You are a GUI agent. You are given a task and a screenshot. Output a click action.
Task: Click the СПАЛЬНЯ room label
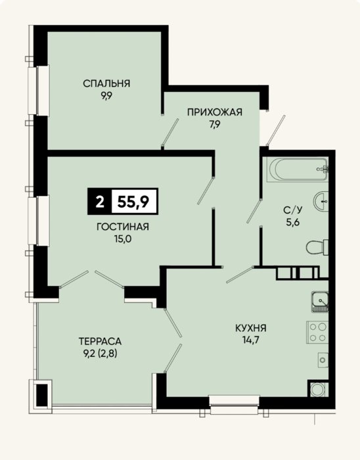point(106,83)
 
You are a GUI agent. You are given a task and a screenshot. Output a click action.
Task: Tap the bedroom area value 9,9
point(106,96)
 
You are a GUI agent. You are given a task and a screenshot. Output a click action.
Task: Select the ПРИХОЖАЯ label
point(215,112)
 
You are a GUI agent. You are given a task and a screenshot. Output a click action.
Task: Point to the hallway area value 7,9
point(215,124)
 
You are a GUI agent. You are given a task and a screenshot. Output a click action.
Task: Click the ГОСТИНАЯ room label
point(123,227)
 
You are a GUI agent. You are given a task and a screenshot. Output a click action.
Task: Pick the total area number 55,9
point(133,202)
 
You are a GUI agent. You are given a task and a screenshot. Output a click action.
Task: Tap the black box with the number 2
point(100,202)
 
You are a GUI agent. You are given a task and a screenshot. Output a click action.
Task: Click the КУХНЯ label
point(251,328)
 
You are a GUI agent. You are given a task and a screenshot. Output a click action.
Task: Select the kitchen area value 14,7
point(251,340)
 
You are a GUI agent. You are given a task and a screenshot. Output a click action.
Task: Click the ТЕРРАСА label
point(100,342)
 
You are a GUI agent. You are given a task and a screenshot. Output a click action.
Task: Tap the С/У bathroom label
point(292,210)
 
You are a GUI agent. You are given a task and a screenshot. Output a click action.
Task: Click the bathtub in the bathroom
point(298,170)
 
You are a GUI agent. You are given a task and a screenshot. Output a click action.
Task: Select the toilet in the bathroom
point(317,247)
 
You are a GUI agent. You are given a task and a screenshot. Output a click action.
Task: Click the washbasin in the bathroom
point(321,201)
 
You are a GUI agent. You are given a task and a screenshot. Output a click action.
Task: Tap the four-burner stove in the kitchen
point(317,333)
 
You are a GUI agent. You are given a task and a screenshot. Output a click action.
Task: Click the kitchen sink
point(319,302)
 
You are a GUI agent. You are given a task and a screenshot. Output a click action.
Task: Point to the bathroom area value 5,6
point(292,222)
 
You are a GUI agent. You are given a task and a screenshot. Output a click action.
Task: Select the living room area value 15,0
point(123,239)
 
